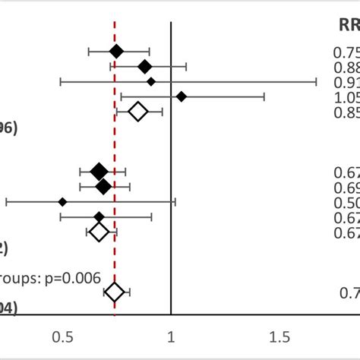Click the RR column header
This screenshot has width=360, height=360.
tap(349, 25)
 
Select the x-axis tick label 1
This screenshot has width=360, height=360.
tap(171, 336)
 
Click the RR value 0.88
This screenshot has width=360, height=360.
tap(346, 67)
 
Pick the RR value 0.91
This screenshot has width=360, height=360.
tap(346, 82)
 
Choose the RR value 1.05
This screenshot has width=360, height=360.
tap(346, 97)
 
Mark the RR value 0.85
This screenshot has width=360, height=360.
tap(346, 112)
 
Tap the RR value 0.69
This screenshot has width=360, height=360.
tap(346, 187)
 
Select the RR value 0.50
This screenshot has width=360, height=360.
tap(346, 202)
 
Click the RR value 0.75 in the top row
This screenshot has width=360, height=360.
tap(346, 52)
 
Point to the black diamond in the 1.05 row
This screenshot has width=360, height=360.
tap(182, 96)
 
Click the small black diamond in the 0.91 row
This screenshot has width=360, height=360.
tap(151, 81)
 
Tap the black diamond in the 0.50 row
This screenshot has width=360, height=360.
tap(62, 201)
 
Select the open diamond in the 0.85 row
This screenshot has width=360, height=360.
tap(137, 112)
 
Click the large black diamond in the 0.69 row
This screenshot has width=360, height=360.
tap(103, 186)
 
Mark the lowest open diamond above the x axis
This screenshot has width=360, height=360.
tap(115, 292)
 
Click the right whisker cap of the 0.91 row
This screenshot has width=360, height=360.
tap(316, 81)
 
